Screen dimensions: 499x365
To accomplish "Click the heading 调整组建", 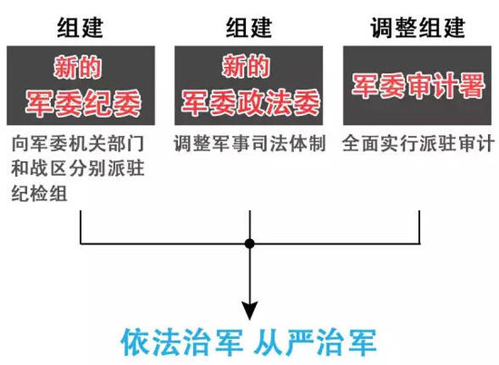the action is [417, 28].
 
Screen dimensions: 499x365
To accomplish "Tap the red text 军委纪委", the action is [83, 103].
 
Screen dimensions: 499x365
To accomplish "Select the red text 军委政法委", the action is [250, 102].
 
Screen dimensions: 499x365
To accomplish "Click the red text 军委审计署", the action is [418, 85].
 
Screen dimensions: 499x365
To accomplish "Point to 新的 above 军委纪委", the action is [78, 67].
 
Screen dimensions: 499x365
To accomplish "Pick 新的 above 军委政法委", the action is [246, 66].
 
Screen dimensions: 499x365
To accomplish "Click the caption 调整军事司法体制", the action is [249, 144].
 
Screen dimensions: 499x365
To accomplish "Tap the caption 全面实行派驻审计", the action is [418, 144].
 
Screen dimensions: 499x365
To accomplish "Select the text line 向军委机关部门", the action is [78, 144].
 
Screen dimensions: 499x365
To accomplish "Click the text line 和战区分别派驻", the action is [78, 168].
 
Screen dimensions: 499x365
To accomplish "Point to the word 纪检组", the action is [39, 193].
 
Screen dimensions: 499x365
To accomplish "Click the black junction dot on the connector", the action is [249, 244].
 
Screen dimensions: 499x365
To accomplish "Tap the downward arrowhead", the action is [249, 311].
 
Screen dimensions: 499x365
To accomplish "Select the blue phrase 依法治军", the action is [181, 342].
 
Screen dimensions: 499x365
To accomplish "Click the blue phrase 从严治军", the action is [315, 342].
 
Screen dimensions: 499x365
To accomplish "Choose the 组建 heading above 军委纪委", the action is [80, 28].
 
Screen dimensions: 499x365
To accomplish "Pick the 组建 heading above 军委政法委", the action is [249, 28].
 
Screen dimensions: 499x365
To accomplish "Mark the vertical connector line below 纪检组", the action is [81, 226].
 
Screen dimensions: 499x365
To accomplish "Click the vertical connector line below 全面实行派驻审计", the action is [419, 226].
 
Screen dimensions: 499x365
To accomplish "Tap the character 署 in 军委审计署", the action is [472, 85].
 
